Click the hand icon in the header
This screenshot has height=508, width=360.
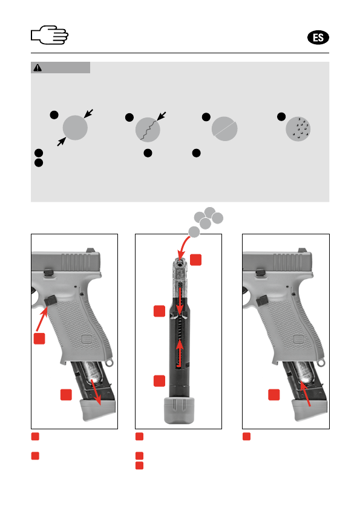point(50,35)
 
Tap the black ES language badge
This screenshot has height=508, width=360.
point(318,38)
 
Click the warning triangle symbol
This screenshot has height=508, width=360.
point(38,68)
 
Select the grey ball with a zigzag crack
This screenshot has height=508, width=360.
point(148,130)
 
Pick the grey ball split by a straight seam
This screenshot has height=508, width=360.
point(224,128)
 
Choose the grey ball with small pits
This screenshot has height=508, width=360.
point(298,129)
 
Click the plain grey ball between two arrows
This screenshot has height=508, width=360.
point(75,128)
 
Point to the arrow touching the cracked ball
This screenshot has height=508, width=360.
point(162,116)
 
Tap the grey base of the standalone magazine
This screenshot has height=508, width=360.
point(179,410)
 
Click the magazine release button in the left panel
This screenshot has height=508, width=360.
point(51,300)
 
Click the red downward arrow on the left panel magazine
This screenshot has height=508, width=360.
point(96,392)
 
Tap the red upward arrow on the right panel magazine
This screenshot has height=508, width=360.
point(306,394)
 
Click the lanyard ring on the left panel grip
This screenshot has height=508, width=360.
point(110,362)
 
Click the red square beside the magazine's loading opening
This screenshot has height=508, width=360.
point(195,260)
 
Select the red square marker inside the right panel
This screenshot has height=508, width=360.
point(274,395)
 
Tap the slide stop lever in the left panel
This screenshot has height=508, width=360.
point(48,272)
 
